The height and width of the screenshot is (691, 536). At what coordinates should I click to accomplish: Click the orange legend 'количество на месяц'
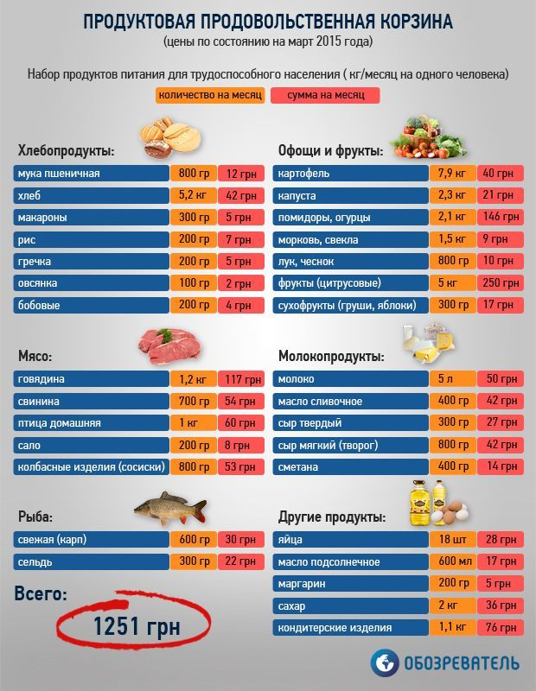point(210,95)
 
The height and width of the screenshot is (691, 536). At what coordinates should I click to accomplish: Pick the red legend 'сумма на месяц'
point(325,95)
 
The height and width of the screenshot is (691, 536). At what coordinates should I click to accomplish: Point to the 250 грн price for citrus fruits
point(500,282)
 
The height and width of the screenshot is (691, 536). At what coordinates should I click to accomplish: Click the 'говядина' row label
point(90,378)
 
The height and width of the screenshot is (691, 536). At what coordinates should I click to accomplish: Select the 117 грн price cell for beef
point(239,378)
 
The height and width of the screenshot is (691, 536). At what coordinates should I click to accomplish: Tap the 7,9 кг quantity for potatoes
point(452,174)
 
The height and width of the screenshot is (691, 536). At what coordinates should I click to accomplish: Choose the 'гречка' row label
point(90,261)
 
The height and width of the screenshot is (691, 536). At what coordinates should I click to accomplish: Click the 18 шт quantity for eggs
point(452,539)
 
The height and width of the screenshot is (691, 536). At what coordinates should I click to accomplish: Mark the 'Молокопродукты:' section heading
point(330,355)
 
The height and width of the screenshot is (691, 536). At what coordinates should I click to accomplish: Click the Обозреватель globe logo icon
point(385,662)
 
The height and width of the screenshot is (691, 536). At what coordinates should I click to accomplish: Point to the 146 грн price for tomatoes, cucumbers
point(500,217)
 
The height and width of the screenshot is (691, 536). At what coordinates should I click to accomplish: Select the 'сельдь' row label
point(90,561)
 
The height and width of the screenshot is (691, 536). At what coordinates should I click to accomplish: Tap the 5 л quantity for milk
point(452,378)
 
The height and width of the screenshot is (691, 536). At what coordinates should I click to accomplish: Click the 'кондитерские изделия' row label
point(349,627)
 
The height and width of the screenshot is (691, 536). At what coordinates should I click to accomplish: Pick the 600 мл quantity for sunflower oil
point(452,561)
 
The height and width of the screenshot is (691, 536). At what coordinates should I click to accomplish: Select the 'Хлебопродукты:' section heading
point(66,151)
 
